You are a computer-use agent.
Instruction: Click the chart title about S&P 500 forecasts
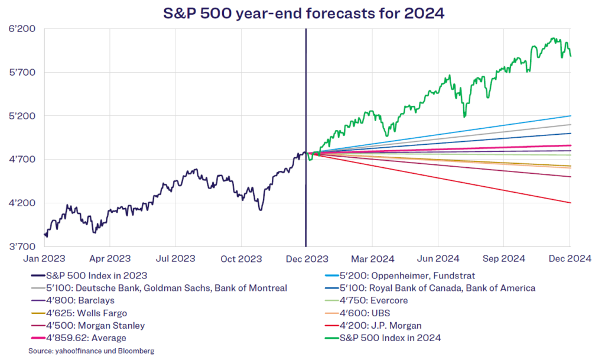304,13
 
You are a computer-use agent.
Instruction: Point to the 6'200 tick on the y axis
22,28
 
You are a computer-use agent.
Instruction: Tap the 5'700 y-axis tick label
22,72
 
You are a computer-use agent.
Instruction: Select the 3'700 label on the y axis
22,247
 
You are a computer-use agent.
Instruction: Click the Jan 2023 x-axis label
44,258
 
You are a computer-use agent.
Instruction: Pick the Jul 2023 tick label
175,258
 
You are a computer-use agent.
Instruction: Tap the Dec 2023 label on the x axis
307,258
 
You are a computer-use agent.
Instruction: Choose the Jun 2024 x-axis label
438,258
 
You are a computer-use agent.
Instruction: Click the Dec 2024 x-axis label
570,258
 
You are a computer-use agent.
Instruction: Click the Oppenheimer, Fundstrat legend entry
400,276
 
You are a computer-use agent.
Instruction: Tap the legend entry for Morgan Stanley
88,326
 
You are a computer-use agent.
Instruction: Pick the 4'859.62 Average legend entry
79,338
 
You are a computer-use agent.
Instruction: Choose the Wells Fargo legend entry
79,313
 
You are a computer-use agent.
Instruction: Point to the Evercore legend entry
366,300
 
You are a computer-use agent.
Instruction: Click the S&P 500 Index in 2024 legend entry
383,338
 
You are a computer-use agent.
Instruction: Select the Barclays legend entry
73,300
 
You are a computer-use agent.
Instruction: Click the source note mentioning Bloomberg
91,351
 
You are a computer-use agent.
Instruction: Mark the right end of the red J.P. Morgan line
570,203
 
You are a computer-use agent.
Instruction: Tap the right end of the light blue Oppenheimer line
570,116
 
